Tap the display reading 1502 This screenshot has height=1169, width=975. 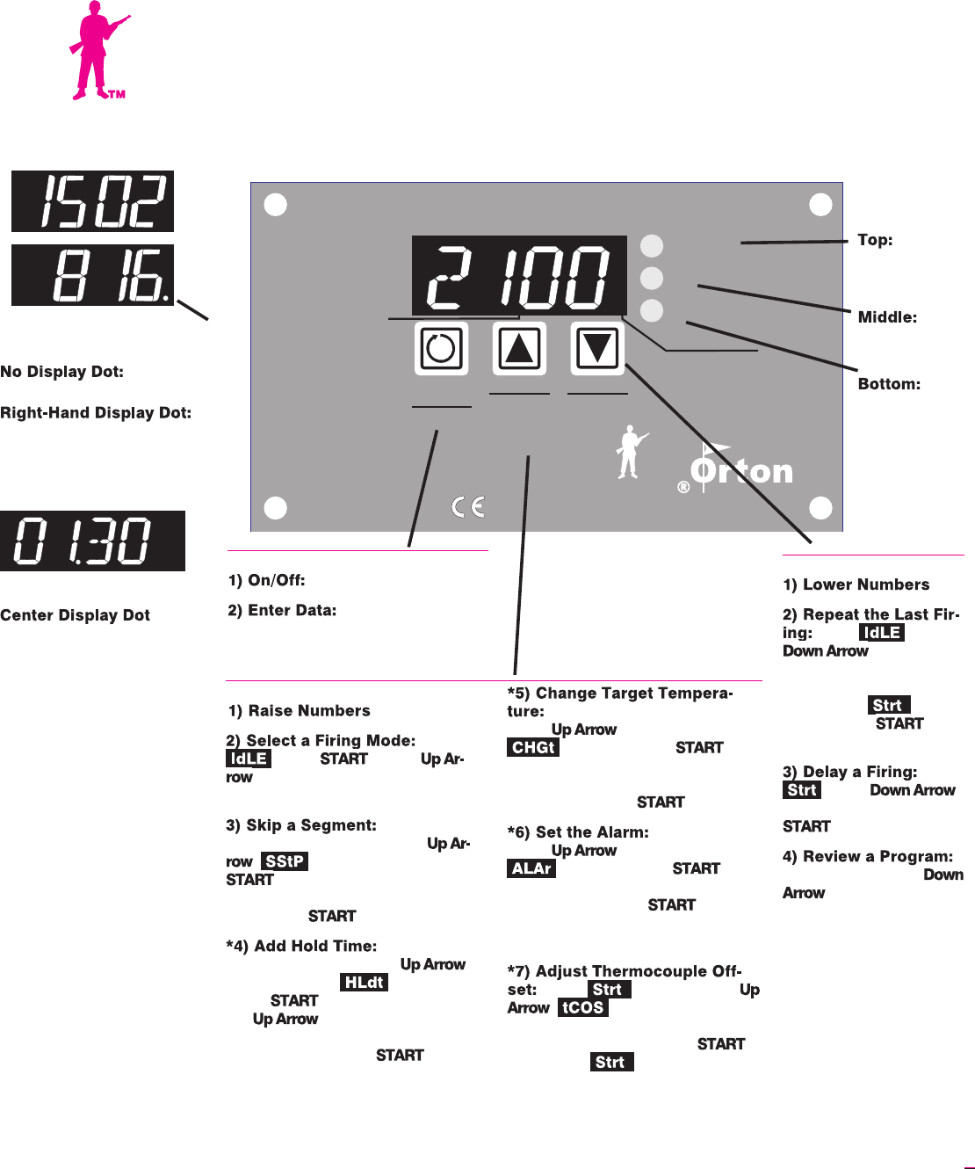(92, 201)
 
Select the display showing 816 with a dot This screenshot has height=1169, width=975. (92, 275)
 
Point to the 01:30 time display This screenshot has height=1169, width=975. (92, 541)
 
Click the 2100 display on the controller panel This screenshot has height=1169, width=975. (519, 276)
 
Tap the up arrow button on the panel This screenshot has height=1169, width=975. (519, 348)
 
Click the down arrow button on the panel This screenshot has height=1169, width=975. (597, 348)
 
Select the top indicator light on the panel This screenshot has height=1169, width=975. (652, 245)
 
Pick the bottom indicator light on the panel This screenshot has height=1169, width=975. (652, 310)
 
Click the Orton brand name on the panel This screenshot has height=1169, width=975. (742, 471)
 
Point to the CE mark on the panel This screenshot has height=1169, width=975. (468, 507)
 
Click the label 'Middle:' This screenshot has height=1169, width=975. (887, 317)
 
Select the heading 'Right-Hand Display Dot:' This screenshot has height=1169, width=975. (96, 413)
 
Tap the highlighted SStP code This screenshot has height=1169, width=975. (285, 861)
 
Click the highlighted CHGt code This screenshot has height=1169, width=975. (533, 748)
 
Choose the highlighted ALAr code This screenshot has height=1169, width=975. (531, 868)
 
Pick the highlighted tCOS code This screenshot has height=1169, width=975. (583, 1007)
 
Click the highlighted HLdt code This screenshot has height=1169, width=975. (364, 983)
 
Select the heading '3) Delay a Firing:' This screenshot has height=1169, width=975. (849, 772)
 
